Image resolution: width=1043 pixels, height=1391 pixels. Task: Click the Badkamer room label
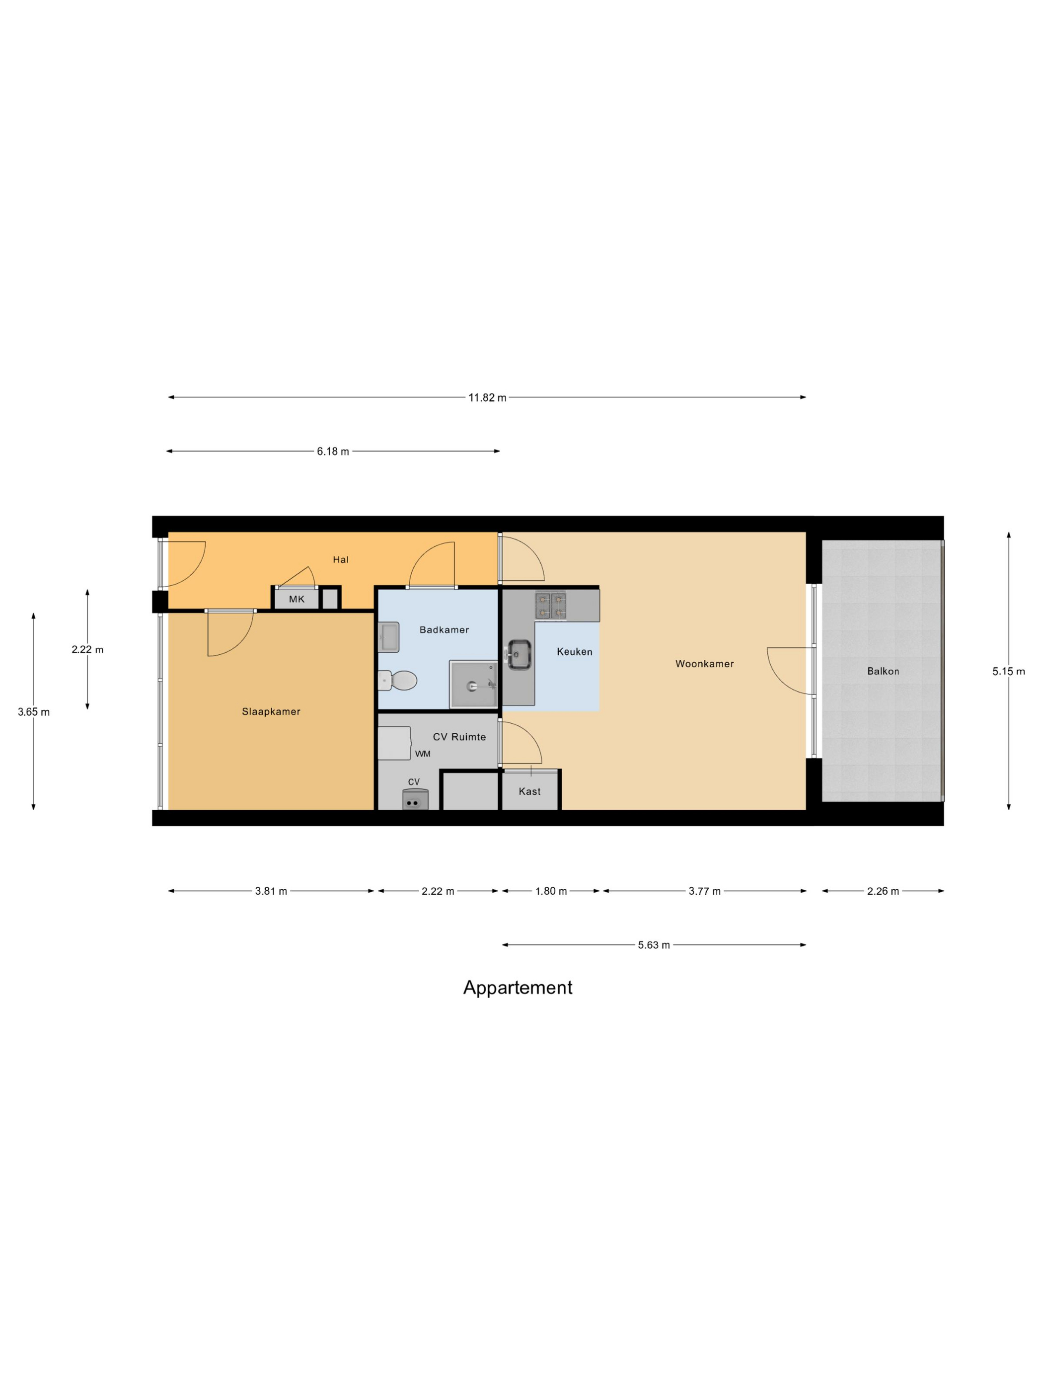[444, 629]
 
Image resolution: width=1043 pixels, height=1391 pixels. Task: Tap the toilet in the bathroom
[399, 680]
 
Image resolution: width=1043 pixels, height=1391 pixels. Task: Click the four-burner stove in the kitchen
[550, 605]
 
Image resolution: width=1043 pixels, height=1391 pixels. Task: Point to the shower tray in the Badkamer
[473, 684]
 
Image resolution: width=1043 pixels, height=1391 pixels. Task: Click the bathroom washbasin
[388, 637]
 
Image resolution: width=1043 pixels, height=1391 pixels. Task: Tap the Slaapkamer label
[271, 711]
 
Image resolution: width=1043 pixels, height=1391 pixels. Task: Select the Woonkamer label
[704, 663]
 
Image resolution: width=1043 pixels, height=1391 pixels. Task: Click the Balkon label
[883, 671]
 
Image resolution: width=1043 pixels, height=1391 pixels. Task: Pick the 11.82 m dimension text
[487, 397]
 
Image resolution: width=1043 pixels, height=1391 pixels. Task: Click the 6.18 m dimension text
[333, 451]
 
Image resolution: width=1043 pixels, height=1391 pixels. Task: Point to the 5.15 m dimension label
[1008, 671]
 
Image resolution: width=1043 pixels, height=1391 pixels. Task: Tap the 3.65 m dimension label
[33, 712]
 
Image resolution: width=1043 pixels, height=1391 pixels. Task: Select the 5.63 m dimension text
[653, 944]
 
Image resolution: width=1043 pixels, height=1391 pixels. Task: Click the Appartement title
[518, 987]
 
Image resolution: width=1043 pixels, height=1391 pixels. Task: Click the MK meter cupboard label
[296, 599]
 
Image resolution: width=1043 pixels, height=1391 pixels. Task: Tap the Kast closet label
[529, 791]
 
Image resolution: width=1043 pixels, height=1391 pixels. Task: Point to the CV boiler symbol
[415, 800]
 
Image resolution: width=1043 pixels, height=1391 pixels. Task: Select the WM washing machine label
[423, 753]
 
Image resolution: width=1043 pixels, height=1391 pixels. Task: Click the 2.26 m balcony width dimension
[882, 891]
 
